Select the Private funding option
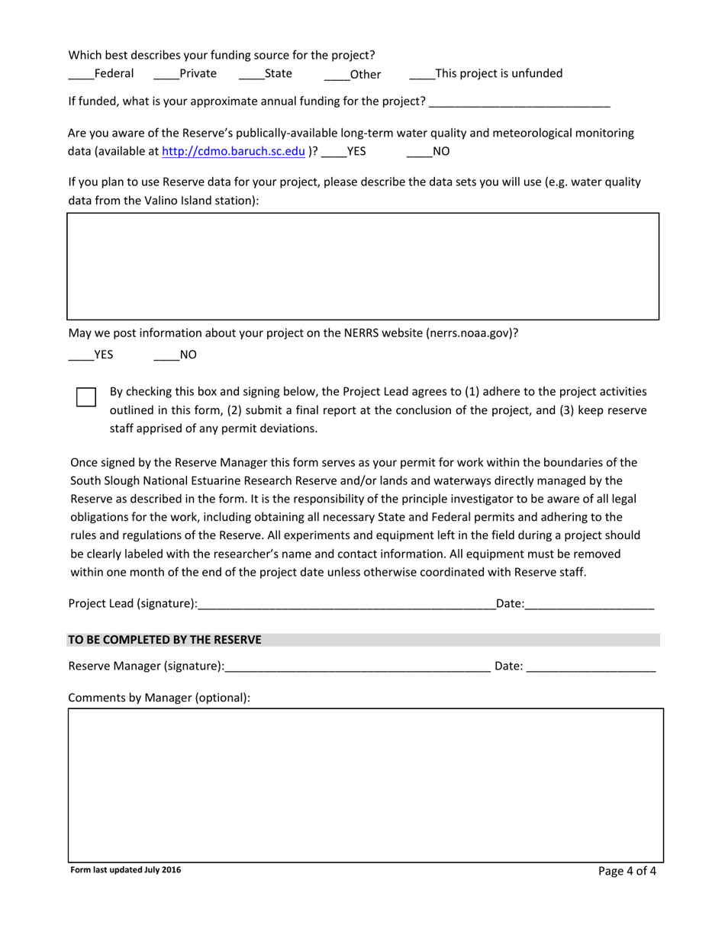[x=166, y=75]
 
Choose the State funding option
[x=251, y=75]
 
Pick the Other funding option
[x=337, y=75]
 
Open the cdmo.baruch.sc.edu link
[x=234, y=151]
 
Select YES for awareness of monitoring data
[x=333, y=153]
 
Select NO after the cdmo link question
[x=419, y=153]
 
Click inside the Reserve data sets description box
[x=362, y=265]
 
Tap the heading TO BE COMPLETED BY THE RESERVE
[x=165, y=640]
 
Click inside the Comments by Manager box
[x=366, y=785]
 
